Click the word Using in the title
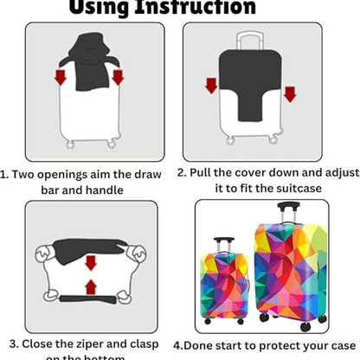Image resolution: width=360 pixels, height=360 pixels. [109, 8]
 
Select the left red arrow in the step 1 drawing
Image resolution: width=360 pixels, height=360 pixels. [60, 80]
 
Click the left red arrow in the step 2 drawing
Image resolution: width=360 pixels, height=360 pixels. [210, 87]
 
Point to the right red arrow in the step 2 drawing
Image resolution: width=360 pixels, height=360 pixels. [290, 92]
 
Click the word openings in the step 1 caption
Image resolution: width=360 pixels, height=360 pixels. [72, 173]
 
